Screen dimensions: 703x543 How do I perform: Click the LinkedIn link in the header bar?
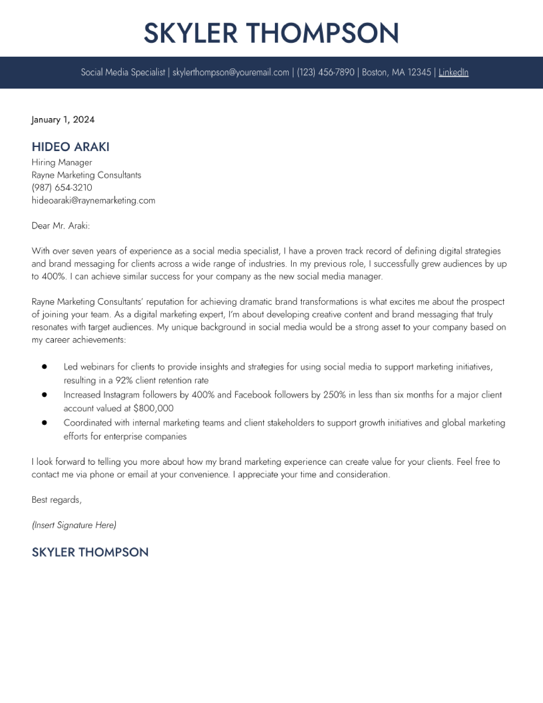[x=453, y=72]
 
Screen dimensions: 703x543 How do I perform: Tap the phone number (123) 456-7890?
[x=326, y=72]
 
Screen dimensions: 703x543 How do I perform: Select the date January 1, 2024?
[x=63, y=120]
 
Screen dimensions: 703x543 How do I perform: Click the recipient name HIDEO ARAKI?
[x=70, y=147]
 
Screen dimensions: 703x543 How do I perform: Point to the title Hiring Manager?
[x=62, y=162]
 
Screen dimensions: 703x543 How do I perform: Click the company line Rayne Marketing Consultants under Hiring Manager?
[x=86, y=175]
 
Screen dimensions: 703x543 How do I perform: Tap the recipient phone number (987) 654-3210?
[x=62, y=188]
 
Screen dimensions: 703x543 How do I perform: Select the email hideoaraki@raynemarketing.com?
[x=93, y=200]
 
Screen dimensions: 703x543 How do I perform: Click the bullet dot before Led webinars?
[x=44, y=367]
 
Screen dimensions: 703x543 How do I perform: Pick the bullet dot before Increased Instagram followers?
[x=44, y=395]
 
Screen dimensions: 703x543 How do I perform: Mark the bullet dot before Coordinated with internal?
[x=44, y=423]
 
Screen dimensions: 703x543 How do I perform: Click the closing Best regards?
[x=57, y=500]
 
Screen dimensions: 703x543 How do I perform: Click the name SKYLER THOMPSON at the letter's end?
[x=90, y=552]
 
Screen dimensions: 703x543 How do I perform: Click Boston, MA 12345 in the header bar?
[x=396, y=72]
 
